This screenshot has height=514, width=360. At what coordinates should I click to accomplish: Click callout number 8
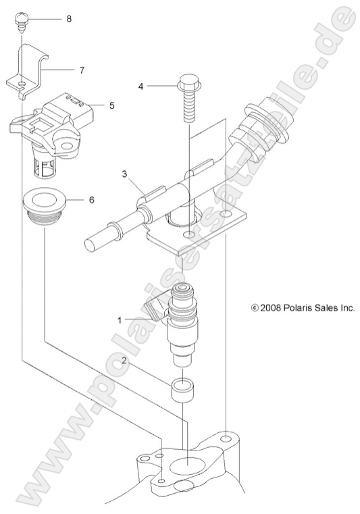(x=68, y=19)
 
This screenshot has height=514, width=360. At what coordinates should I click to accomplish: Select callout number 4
(x=140, y=86)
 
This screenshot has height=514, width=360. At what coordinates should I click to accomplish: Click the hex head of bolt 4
(x=187, y=84)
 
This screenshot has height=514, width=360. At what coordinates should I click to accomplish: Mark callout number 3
(x=124, y=174)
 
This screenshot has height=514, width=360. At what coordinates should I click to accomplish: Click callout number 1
(x=120, y=320)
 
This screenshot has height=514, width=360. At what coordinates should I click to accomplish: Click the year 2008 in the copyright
(x=272, y=307)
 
